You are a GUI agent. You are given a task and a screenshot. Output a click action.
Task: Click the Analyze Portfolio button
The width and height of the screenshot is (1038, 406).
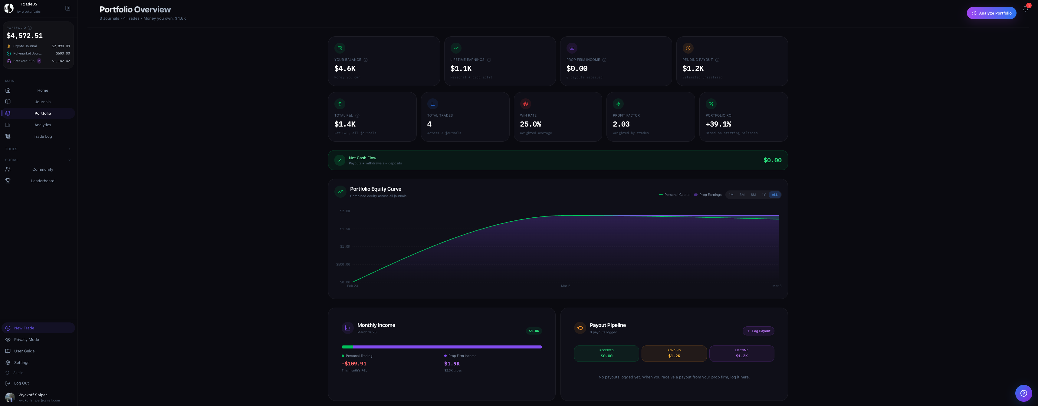[991, 13]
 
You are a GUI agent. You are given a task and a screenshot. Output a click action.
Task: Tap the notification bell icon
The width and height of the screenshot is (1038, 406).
[1025, 9]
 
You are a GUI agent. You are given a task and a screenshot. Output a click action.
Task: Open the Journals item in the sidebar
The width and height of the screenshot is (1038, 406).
[42, 102]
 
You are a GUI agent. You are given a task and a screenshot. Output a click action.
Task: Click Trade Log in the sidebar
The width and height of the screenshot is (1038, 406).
[42, 136]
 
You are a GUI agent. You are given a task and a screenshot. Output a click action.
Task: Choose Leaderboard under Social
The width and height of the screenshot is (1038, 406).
[42, 181]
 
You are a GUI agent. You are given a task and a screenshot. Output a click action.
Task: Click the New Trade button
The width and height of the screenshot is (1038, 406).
[24, 328]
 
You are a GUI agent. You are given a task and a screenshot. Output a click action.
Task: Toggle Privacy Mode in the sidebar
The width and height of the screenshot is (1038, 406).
[26, 339]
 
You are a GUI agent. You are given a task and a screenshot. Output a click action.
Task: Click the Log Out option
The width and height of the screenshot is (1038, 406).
[21, 383]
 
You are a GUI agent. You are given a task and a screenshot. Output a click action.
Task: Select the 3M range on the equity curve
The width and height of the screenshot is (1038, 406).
[742, 195]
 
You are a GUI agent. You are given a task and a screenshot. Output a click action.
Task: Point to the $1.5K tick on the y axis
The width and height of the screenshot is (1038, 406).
[345, 229]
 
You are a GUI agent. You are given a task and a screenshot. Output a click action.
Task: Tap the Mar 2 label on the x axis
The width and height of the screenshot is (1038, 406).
[565, 286]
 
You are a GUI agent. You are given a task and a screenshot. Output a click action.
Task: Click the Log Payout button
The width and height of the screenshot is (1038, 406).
[758, 331]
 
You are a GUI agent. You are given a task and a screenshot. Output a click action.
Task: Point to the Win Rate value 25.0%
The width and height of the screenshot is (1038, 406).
[530, 124]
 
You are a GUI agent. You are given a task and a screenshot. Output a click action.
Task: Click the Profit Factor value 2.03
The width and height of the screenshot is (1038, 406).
[621, 124]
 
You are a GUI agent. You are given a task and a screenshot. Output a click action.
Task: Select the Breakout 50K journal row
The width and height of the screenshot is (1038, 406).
[38, 61]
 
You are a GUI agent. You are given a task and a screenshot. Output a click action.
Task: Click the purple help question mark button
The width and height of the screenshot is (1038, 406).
[1023, 393]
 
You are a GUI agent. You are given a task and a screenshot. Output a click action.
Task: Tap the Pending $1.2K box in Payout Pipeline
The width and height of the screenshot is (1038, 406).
[674, 354]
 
